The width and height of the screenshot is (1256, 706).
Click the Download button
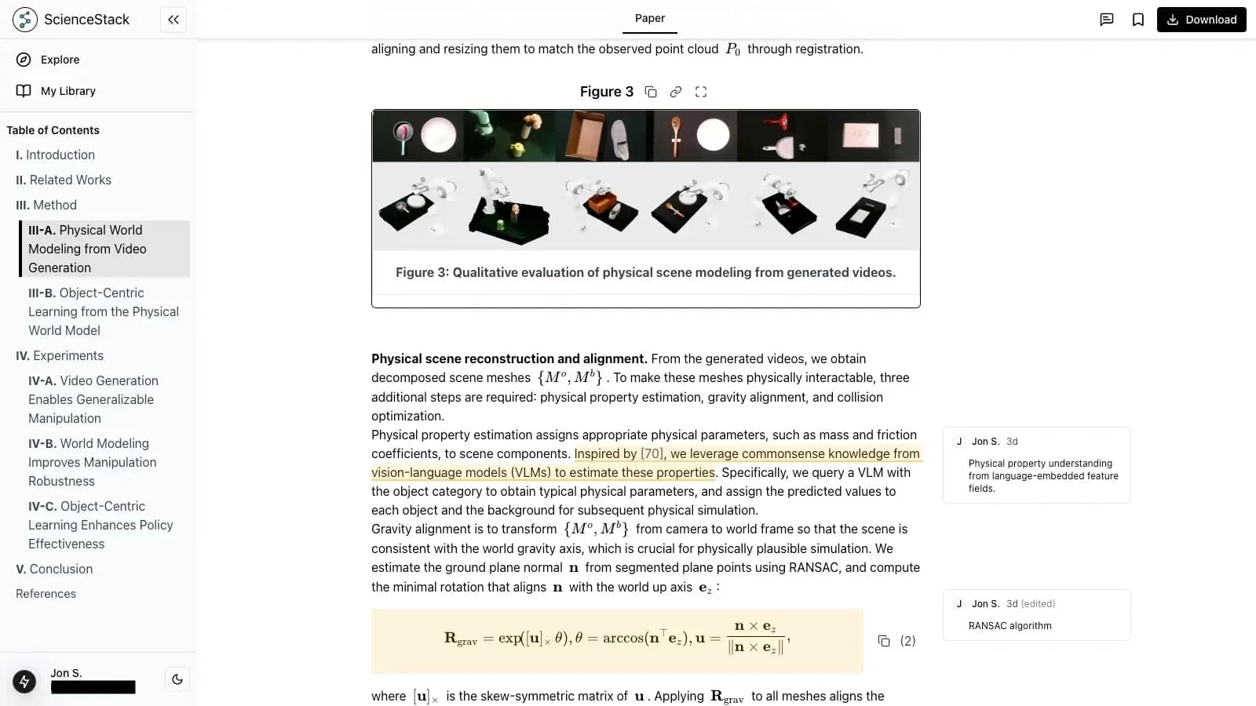click(x=1201, y=20)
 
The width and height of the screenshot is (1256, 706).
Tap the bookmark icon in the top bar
click(x=1138, y=20)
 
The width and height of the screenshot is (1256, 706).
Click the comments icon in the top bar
click(x=1107, y=20)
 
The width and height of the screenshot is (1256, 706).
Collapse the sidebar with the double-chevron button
click(x=173, y=20)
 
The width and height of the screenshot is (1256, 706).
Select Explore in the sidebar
click(x=60, y=60)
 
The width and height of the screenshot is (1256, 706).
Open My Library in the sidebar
click(x=68, y=91)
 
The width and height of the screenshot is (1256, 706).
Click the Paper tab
click(x=649, y=18)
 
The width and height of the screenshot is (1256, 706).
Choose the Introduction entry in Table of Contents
click(x=60, y=155)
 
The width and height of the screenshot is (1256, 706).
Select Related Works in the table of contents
click(x=70, y=180)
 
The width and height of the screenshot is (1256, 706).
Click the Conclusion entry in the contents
click(x=60, y=569)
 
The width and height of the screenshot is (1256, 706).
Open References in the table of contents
click(x=46, y=594)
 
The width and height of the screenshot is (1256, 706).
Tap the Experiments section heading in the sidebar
click(x=68, y=355)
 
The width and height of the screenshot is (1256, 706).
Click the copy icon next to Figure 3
click(x=651, y=92)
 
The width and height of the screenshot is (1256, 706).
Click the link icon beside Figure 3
click(x=676, y=92)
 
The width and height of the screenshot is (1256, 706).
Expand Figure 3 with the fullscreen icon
click(x=701, y=92)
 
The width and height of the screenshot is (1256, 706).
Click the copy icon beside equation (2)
click(x=884, y=641)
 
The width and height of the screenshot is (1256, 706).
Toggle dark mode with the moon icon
click(x=177, y=679)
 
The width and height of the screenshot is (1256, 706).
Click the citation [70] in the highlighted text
click(x=652, y=453)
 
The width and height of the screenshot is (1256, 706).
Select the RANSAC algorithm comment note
click(x=1036, y=615)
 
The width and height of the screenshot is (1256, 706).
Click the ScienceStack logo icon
click(x=24, y=20)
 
